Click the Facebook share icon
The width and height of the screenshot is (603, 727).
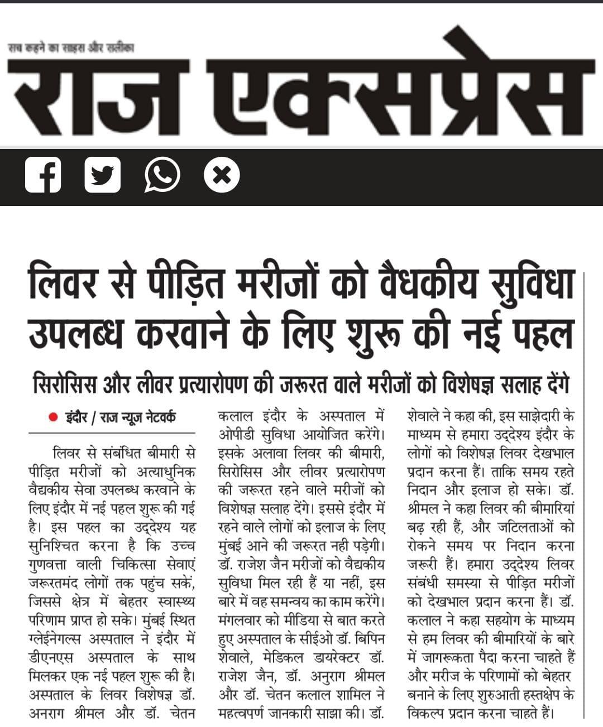(43, 175)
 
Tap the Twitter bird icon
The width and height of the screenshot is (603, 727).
(103, 175)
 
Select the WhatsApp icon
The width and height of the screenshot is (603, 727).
(162, 175)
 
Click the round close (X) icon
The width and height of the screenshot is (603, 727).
(222, 175)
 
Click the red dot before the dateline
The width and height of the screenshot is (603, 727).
(53, 417)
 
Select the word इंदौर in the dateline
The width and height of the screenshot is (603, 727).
(75, 417)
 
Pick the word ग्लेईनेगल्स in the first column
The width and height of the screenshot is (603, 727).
(62, 639)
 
